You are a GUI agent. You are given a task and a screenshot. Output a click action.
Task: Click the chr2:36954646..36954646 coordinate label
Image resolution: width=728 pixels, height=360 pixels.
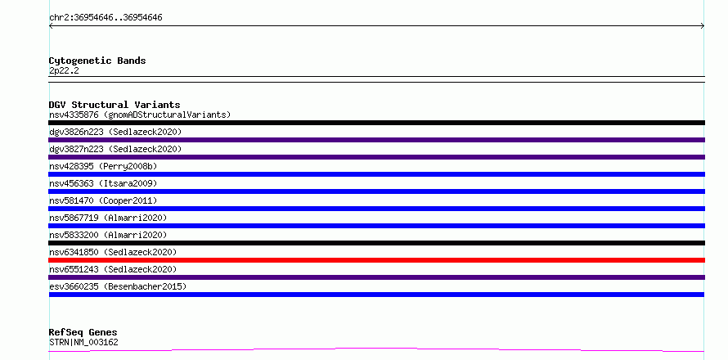click(106, 18)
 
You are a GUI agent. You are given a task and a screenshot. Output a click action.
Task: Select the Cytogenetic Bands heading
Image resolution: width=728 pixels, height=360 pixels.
click(97, 61)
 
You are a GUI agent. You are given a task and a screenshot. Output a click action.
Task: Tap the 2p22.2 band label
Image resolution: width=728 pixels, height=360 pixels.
click(64, 70)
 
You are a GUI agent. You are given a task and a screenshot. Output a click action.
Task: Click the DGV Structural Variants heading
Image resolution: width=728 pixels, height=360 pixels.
click(115, 105)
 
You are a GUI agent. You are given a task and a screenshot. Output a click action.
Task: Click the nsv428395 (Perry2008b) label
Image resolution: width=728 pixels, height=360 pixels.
click(103, 166)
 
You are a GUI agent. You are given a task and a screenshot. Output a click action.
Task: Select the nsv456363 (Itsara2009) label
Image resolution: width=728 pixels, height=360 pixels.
click(103, 183)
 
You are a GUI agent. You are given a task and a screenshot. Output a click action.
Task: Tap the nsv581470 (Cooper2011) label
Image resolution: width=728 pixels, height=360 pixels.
click(103, 200)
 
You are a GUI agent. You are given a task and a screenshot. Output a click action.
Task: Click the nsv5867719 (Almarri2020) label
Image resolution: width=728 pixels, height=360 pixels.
click(108, 218)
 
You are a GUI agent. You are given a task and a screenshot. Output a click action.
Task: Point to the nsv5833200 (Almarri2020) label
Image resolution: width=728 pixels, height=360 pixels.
click(108, 235)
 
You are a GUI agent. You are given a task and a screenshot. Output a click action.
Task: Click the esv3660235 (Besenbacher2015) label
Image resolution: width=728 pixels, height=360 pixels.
click(118, 286)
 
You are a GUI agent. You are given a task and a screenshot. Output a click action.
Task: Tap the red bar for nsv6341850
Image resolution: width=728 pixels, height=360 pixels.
click(376, 260)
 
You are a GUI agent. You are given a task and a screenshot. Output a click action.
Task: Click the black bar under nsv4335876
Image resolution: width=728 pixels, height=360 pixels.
click(376, 123)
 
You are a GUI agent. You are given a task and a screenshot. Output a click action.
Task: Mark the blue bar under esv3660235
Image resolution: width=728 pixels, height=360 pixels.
click(376, 295)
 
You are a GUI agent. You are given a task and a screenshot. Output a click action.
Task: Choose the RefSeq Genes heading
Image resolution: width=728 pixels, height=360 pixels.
click(83, 332)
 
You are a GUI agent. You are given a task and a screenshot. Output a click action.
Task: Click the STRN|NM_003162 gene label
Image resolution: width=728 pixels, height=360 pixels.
click(83, 342)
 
